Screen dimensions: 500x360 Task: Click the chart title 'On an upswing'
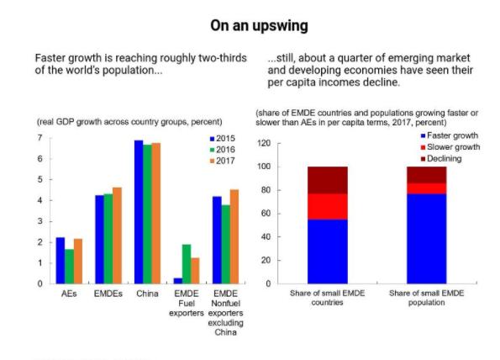pyautogui.click(x=259, y=25)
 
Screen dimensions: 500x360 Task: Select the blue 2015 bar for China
pyautogui.click(x=139, y=212)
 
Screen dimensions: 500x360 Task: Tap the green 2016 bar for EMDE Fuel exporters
pyautogui.click(x=187, y=264)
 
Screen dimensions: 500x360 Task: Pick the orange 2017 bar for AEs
pyautogui.click(x=78, y=261)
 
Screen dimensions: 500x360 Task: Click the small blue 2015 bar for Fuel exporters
pyautogui.click(x=178, y=281)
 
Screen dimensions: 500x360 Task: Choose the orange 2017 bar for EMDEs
pyautogui.click(x=117, y=236)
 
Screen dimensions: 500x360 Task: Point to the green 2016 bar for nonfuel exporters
pyautogui.click(x=226, y=244)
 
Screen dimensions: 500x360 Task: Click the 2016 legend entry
pyautogui.click(x=222, y=150)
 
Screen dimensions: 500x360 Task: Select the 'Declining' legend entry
pyautogui.click(x=441, y=159)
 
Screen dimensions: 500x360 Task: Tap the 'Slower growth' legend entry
pyautogui.click(x=450, y=147)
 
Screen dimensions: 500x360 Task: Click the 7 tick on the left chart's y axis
pyautogui.click(x=39, y=138)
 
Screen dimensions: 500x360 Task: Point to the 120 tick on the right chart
pyautogui.click(x=264, y=143)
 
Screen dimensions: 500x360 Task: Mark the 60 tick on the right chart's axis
pyautogui.click(x=266, y=214)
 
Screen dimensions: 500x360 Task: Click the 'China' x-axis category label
pyautogui.click(x=147, y=294)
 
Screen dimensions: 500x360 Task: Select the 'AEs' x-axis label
pyautogui.click(x=69, y=294)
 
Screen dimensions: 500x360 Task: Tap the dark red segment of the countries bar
pyautogui.click(x=328, y=180)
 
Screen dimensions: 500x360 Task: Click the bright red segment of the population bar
pyautogui.click(x=427, y=188)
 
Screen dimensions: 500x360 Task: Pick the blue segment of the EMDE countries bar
pyautogui.click(x=328, y=251)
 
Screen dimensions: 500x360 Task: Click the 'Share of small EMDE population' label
pyautogui.click(x=427, y=298)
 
